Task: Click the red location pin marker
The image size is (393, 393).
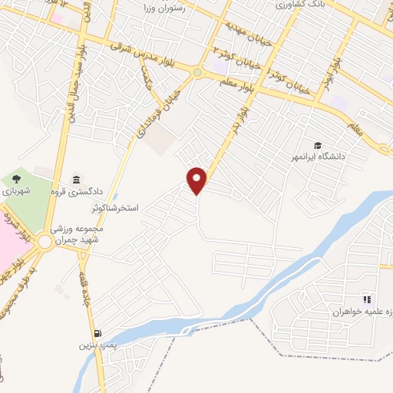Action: click(x=198, y=180)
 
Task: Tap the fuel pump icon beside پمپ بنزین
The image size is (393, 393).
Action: click(x=97, y=333)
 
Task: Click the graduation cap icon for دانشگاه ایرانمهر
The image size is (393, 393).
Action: click(x=317, y=145)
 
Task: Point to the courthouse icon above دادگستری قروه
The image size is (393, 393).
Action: click(x=76, y=180)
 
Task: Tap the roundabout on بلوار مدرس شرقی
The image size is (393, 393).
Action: click(x=198, y=74)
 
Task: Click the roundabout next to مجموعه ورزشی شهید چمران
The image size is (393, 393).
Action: click(x=45, y=243)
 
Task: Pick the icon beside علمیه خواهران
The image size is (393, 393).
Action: click(x=367, y=299)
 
